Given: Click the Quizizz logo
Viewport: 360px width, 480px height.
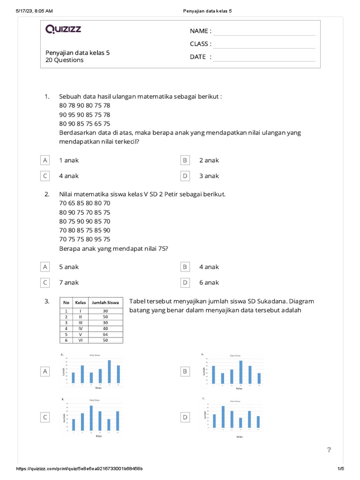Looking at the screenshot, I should [x=63, y=30].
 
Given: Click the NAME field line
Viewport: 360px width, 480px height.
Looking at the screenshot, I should [x=264, y=31].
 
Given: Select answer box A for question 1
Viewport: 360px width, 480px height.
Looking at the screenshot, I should [x=45, y=160].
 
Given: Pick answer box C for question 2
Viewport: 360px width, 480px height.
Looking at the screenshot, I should [x=45, y=283].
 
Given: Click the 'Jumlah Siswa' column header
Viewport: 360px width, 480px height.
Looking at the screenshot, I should [x=105, y=302].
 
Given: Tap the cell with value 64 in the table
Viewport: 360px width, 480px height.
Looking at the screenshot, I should [x=105, y=334].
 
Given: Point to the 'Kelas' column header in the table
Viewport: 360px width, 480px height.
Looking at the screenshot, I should [x=81, y=302].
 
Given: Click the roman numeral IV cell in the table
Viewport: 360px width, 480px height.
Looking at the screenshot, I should [x=81, y=329].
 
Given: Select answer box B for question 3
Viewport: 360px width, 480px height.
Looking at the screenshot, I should [x=185, y=371].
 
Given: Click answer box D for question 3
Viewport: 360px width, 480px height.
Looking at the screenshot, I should [x=185, y=417].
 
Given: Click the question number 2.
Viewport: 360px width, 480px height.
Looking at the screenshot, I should [x=47, y=194].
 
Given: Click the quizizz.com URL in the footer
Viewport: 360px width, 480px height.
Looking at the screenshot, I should [x=80, y=469].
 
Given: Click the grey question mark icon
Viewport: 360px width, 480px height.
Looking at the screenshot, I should [x=329, y=450].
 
